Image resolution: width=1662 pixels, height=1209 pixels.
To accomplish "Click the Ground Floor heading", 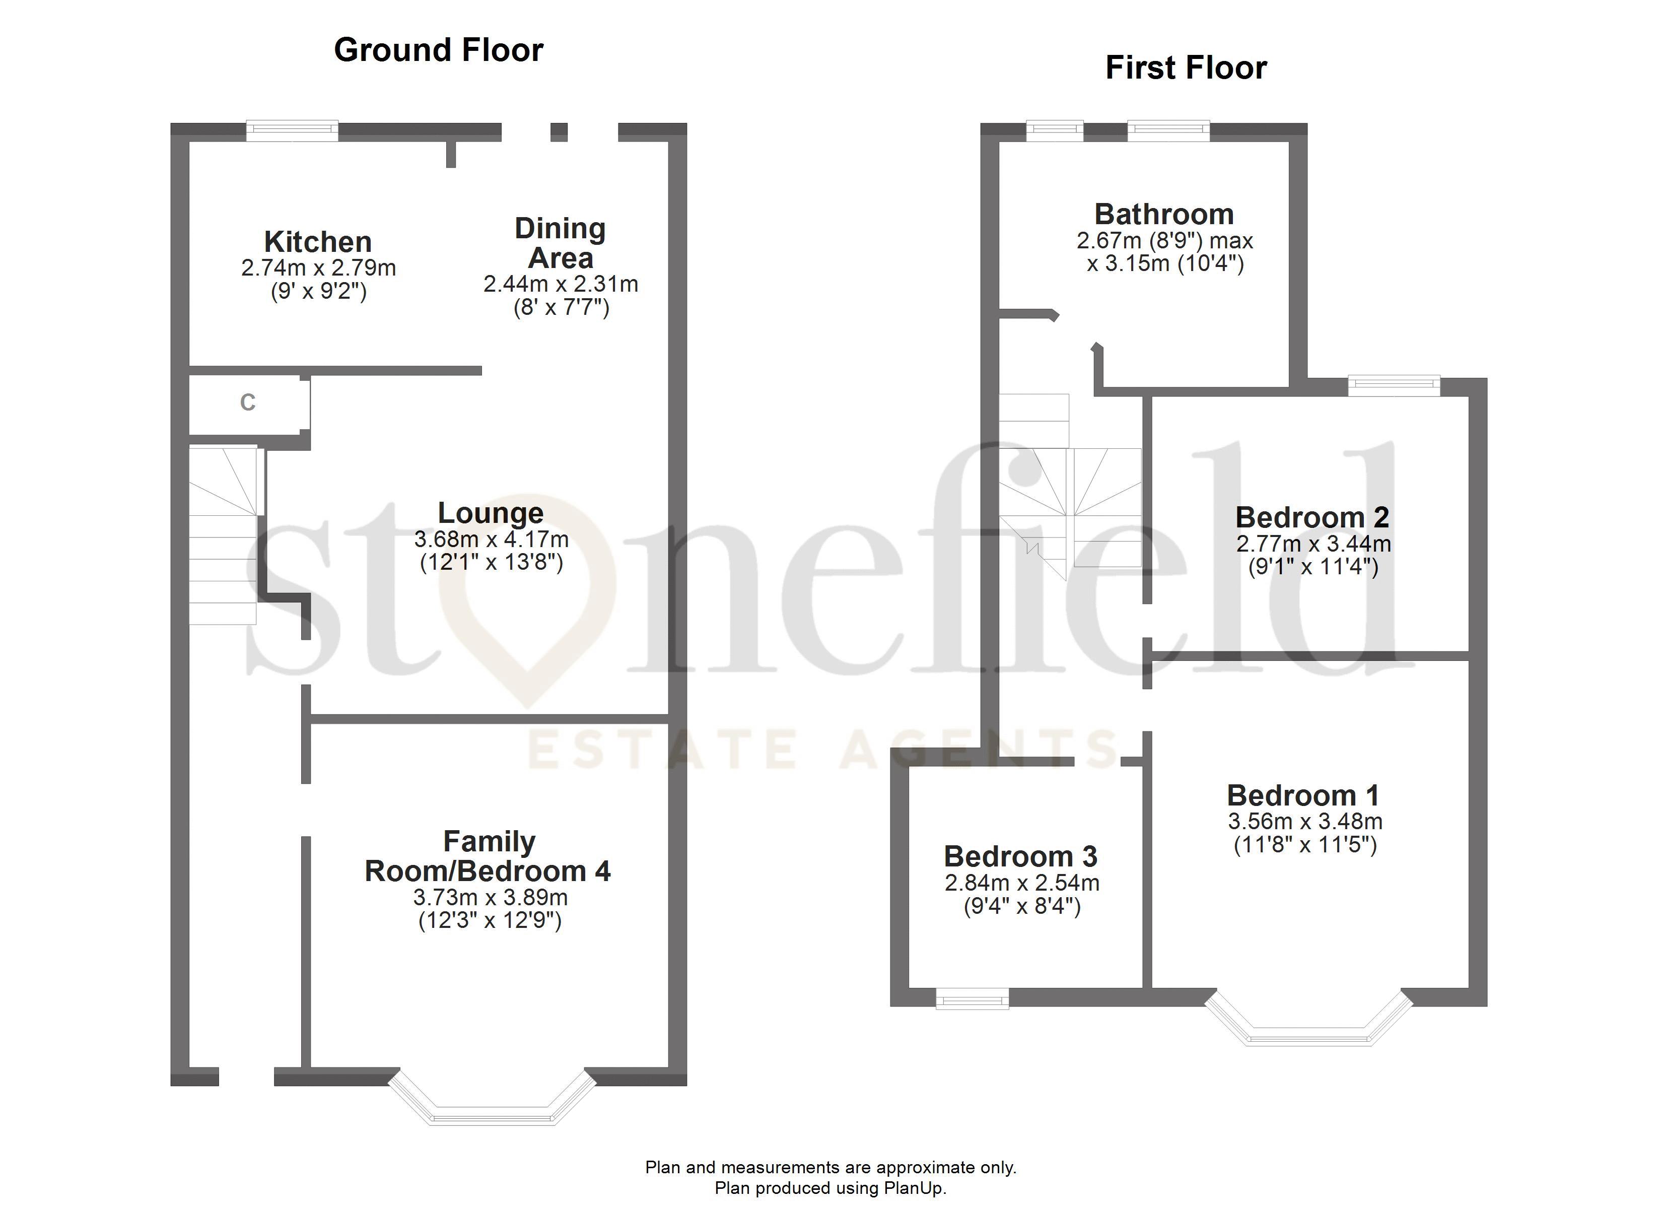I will [438, 50].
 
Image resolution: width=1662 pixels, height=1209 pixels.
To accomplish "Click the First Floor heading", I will [1186, 68].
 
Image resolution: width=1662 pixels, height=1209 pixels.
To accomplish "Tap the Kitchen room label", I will [318, 241].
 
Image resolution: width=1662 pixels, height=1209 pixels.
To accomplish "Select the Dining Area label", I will [561, 243].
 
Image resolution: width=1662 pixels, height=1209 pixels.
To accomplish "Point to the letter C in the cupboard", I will [248, 402].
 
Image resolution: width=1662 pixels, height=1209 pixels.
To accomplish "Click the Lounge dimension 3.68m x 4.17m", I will [491, 540].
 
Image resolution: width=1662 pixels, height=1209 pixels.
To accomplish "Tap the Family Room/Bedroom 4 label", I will [488, 856].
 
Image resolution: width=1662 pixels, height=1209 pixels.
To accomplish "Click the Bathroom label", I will [1164, 214].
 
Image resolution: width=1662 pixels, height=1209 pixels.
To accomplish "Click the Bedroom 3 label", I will [1020, 856].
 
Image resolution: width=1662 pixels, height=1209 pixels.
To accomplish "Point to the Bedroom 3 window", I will [973, 998].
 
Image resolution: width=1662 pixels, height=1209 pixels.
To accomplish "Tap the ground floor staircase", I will [224, 535].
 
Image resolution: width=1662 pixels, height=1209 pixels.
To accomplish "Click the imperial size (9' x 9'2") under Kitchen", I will [318, 292].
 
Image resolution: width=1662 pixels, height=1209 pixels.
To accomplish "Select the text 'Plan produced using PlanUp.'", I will [830, 1188].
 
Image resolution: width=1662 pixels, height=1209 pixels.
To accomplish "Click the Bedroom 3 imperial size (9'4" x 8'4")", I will [1021, 907].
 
